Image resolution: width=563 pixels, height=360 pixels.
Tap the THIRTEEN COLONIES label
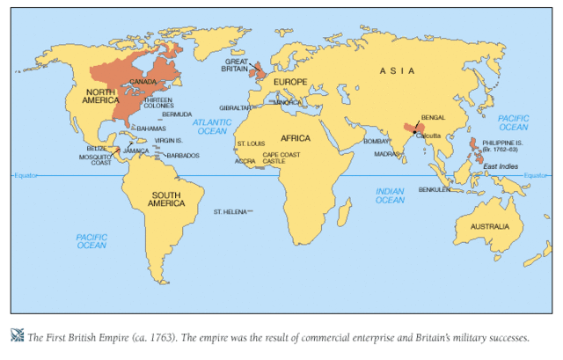pyautogui.click(x=158, y=104)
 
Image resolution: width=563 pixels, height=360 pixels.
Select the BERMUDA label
pyautogui.click(x=177, y=114)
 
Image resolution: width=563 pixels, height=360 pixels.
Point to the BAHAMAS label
pyautogui.click(x=151, y=129)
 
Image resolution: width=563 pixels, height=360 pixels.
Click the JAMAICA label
pyautogui.click(x=137, y=151)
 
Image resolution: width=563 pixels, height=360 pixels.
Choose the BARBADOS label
pyautogui.click(x=182, y=156)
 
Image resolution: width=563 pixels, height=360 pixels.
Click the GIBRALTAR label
pyautogui.click(x=237, y=107)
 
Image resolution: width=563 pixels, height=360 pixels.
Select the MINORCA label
pyautogui.click(x=287, y=102)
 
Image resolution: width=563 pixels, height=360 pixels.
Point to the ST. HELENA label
pyautogui.click(x=230, y=212)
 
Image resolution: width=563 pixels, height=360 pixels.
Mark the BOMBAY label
pyautogui.click(x=376, y=141)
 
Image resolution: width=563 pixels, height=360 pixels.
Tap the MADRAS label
pyautogui.click(x=386, y=154)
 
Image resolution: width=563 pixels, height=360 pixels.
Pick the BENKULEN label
pyautogui.click(x=435, y=189)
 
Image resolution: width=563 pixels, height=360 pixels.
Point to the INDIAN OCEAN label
pyautogui.click(x=390, y=195)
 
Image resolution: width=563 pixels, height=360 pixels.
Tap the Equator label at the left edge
pyautogui.click(x=26, y=176)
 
